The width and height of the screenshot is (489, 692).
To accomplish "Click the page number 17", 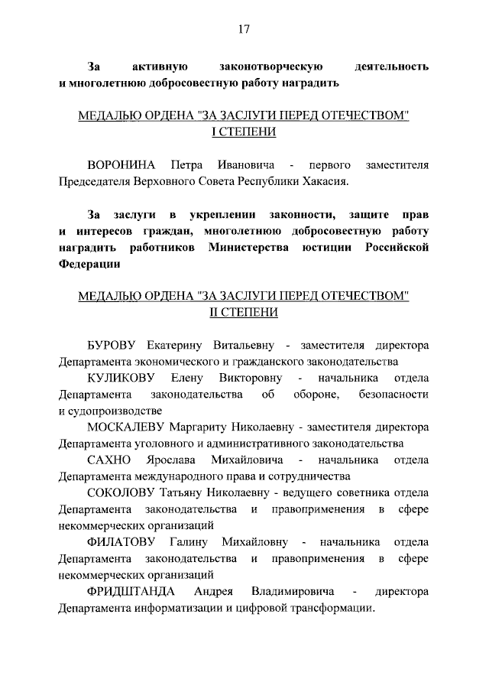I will coord(244,30).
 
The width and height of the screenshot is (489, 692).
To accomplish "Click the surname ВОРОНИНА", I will coord(121,165).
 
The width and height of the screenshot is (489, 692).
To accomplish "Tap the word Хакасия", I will coord(322,182).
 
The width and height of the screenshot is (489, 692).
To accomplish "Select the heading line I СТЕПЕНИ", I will coord(244,132).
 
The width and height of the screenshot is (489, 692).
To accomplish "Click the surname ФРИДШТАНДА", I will coord(131,592).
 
